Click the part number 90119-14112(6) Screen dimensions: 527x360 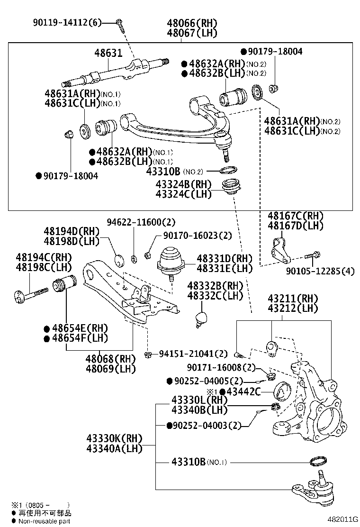[67, 22]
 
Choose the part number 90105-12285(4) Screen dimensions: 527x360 [320, 272]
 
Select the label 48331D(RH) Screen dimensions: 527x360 [225, 258]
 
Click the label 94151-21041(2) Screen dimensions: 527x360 [193, 354]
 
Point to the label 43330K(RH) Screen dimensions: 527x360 [114, 438]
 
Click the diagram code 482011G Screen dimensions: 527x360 [339, 519]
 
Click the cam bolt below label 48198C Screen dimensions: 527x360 [31, 296]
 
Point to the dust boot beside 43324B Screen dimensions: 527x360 [233, 188]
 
